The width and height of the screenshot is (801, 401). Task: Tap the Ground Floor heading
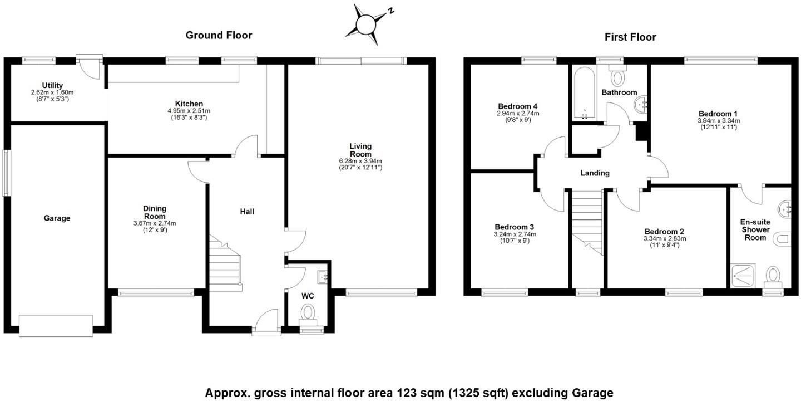point(219,35)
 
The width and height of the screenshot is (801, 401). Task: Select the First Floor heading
point(630,37)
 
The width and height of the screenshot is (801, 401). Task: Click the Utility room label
point(52,85)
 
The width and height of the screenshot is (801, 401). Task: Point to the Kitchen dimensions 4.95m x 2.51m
point(189,111)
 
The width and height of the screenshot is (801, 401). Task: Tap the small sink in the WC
point(322,277)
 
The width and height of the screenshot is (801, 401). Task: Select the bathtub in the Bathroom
point(584,92)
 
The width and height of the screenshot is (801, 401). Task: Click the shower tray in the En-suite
point(743,275)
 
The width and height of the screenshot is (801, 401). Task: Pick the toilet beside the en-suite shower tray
point(773,277)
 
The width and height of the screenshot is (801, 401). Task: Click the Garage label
point(57,218)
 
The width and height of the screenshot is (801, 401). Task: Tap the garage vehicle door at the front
point(56,326)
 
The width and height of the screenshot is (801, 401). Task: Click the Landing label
point(595,173)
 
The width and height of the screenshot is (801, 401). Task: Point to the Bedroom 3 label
point(514,227)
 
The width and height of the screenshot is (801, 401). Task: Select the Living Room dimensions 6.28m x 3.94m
point(360,161)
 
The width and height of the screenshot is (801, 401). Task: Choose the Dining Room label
point(155,212)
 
